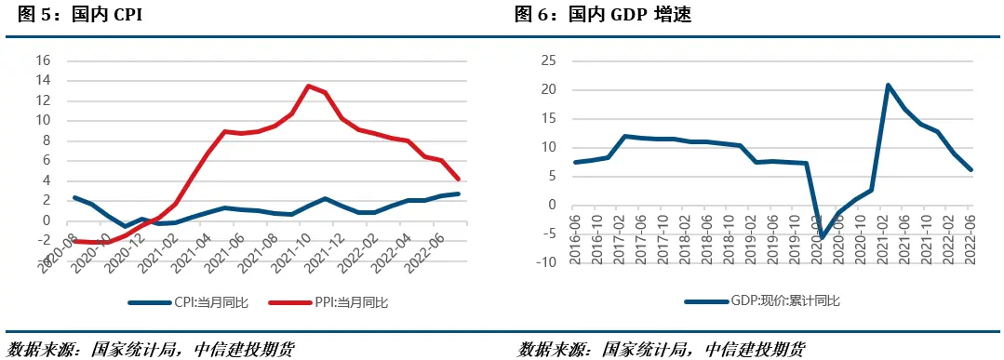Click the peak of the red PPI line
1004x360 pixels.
click(308, 86)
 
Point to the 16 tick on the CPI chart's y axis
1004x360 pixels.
click(42, 60)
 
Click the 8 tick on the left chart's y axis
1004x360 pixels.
click(46, 140)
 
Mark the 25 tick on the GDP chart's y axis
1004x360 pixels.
click(548, 60)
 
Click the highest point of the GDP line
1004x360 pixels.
click(889, 85)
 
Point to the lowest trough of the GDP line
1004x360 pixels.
click(821, 237)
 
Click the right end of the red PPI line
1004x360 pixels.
click(457, 179)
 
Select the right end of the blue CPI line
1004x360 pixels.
click(457, 193)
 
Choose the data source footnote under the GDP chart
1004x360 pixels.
click(662, 349)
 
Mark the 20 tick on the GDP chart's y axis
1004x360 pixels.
click(548, 89)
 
